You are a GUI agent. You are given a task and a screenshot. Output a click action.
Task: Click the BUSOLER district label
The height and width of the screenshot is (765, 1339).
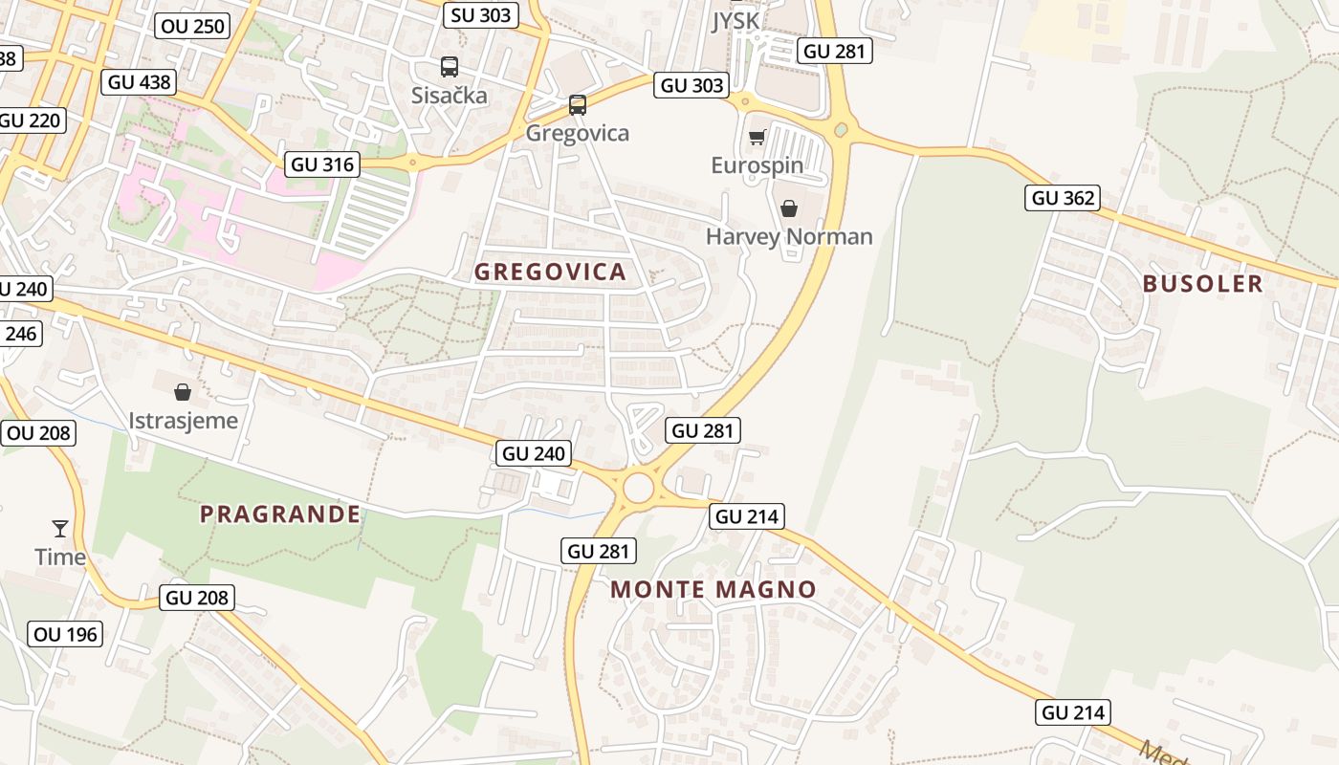tap(1202, 283)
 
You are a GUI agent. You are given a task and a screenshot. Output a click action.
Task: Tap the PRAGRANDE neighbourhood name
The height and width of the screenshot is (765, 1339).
tap(280, 514)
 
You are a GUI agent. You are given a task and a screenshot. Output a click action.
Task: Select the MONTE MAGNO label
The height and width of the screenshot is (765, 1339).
tap(713, 589)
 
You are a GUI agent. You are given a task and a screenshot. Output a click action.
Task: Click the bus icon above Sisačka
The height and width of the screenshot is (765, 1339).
tap(449, 67)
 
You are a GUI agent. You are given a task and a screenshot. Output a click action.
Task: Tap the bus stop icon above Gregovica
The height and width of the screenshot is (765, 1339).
tap(577, 104)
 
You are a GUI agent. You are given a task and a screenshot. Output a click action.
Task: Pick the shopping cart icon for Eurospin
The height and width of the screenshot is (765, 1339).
tap(757, 138)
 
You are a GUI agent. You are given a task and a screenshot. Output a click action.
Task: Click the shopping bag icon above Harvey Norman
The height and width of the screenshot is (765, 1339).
tap(789, 208)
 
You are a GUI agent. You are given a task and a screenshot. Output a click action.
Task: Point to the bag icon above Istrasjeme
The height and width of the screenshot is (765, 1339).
tap(183, 391)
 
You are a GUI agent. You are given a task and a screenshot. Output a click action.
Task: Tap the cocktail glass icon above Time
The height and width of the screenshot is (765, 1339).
tap(60, 528)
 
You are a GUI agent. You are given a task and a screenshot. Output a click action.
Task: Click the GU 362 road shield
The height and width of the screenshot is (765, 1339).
tap(1062, 198)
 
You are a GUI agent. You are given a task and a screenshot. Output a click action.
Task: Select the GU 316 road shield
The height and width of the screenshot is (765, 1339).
tap(322, 164)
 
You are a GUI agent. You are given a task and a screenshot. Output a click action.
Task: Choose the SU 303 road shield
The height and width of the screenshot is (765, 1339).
tap(482, 14)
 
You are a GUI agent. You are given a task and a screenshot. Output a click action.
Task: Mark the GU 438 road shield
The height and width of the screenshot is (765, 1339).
tap(140, 82)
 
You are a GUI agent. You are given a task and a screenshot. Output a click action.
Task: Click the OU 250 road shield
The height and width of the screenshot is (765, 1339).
tap(193, 26)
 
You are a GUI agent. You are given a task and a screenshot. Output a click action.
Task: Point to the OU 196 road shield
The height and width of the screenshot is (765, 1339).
tap(65, 634)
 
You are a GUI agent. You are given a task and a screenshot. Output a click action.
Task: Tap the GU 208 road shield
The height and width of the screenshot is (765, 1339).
tap(197, 598)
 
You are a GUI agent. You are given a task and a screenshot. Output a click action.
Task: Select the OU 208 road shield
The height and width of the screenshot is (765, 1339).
tap(38, 433)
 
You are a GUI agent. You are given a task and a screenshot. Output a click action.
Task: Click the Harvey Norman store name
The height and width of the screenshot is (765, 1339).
tap(789, 236)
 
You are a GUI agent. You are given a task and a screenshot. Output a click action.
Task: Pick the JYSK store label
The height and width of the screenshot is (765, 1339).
tap(735, 22)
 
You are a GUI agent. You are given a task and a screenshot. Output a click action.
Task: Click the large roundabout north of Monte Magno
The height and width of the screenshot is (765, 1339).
tap(639, 489)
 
